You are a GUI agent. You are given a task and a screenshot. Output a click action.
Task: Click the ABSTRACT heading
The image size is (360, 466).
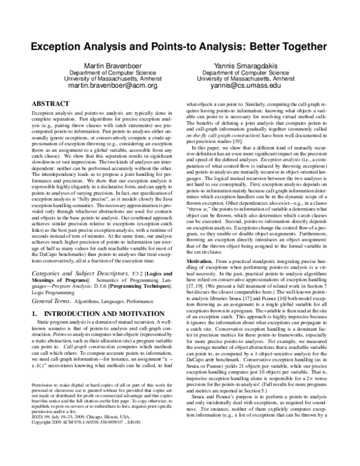54,103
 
